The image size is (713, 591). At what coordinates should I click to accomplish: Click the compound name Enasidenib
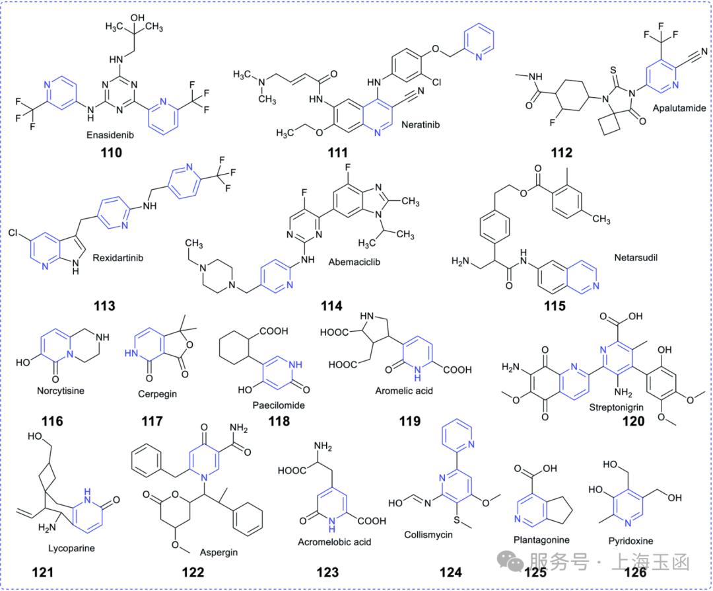click(110, 135)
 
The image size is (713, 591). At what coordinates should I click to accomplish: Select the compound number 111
click(338, 153)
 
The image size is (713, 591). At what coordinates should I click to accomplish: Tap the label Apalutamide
click(679, 108)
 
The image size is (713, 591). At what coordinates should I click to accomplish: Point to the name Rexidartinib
click(118, 258)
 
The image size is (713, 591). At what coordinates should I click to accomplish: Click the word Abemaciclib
click(355, 262)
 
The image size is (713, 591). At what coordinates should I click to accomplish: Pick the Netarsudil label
click(636, 258)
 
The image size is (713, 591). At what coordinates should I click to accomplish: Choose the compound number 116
click(52, 421)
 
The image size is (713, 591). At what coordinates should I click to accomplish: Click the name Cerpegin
click(157, 394)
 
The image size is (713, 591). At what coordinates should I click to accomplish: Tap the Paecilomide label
click(279, 405)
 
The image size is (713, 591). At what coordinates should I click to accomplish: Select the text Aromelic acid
click(404, 391)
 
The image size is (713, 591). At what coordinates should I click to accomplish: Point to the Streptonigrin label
click(616, 407)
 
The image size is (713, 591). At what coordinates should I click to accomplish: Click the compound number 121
click(42, 572)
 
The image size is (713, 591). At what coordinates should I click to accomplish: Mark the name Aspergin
click(219, 552)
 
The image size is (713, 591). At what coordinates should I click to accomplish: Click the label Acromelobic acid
click(334, 542)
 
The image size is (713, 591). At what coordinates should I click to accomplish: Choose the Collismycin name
click(428, 535)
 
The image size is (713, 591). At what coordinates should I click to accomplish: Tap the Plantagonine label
click(541, 540)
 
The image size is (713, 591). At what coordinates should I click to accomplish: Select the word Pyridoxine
click(630, 541)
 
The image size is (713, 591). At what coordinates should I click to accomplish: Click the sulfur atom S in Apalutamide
click(613, 71)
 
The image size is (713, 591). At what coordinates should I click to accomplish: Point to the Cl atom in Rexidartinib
click(13, 233)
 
